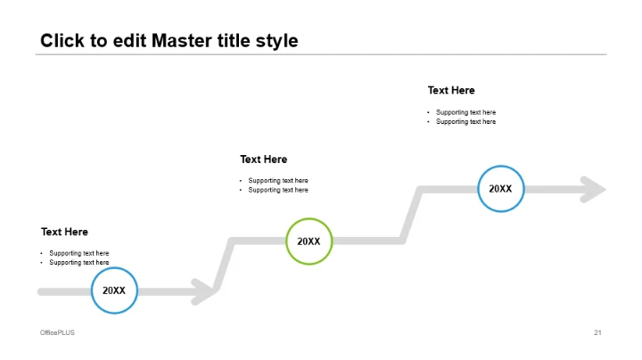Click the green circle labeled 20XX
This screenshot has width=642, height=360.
pos(309,241)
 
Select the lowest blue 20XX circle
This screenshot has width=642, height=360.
pos(114,290)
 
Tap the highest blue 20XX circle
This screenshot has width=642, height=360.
pos(500,189)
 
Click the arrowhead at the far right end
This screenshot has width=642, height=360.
pos(593,189)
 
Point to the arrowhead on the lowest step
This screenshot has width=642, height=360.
pos(204,290)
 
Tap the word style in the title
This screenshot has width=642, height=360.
pos(276,41)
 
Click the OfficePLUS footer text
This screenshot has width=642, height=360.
pos(57,332)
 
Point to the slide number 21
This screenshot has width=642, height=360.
pos(597,332)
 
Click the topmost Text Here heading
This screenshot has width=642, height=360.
pos(451,90)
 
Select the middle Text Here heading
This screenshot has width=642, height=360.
pos(263,160)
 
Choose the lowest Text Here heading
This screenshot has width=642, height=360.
pos(64,232)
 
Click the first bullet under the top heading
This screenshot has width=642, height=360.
pos(465,112)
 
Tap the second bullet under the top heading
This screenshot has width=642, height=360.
pos(465,121)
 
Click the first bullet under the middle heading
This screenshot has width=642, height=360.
pos(278,181)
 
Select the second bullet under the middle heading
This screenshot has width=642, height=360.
pos(278,190)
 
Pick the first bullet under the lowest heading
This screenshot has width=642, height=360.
pos(79,253)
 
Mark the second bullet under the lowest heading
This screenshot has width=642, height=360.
pos(79,262)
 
